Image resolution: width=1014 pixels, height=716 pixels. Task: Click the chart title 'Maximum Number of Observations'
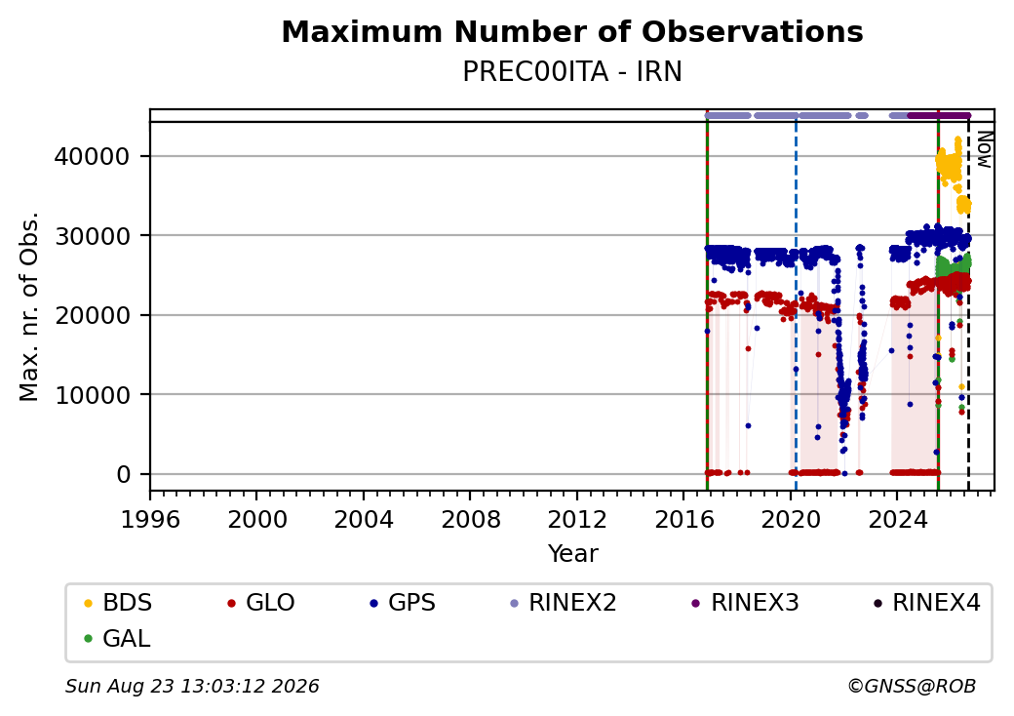572,31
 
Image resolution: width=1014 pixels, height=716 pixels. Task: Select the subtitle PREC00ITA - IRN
572,72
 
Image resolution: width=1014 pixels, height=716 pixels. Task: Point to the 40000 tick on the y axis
93,156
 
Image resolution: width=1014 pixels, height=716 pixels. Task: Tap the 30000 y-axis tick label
93,236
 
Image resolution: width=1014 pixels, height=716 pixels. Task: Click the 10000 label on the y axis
93,395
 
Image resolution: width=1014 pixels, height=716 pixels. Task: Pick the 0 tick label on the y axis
124,475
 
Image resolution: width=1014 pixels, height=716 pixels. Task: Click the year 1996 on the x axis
151,519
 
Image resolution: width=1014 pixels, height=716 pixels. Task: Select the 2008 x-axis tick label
471,519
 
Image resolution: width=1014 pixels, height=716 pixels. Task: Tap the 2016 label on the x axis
684,519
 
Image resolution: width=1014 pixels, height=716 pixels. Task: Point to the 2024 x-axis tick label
898,519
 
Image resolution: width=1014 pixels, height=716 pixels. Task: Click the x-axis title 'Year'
573,554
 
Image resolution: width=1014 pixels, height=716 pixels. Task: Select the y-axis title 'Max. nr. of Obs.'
29,306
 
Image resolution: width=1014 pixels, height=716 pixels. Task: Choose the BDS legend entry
118,603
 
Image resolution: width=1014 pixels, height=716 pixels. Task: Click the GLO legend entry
260,603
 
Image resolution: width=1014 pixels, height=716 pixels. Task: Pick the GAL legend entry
117,638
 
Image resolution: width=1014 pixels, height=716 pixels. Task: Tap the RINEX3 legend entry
745,603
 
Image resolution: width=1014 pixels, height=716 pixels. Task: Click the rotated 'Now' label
984,149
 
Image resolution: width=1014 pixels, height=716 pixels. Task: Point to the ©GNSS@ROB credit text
912,686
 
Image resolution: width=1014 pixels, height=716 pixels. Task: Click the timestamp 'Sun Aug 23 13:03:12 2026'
192,686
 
